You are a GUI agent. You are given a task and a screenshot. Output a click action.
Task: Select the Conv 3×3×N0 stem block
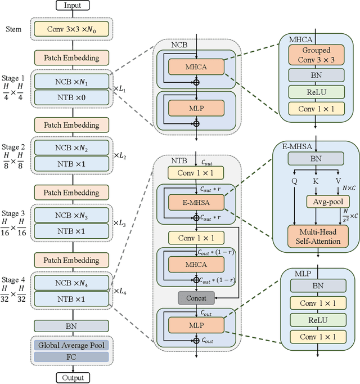tap(71, 29)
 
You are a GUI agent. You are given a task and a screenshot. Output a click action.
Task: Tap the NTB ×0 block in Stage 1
tap(71, 97)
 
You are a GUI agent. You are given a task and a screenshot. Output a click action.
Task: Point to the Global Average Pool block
tap(71, 345)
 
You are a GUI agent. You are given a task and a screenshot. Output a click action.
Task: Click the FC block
tap(71, 357)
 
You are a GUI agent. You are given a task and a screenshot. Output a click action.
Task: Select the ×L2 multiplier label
tap(121, 156)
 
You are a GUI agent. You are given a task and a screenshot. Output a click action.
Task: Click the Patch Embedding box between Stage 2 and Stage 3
tap(71, 193)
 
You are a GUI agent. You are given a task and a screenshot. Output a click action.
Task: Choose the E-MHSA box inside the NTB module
tap(196, 202)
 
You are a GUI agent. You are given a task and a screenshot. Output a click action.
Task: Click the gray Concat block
tap(193, 297)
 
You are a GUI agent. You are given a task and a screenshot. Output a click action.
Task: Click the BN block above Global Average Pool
tap(71, 325)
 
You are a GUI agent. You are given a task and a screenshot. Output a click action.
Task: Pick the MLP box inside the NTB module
tap(196, 325)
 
